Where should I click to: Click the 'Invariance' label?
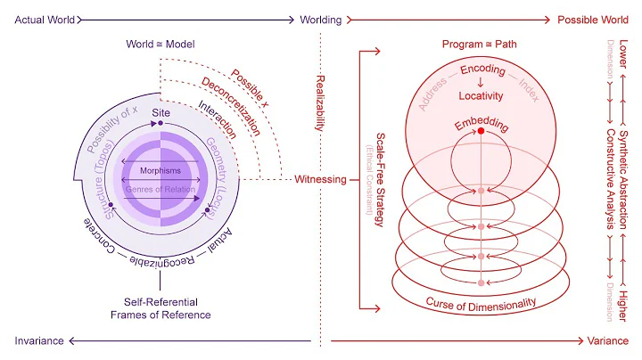click(38, 340)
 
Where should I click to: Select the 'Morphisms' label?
click(160, 169)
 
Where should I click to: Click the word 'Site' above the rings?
click(160, 114)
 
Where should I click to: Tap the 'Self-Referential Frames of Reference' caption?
click(160, 308)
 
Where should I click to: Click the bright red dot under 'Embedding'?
click(481, 132)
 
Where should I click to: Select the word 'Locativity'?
click(481, 95)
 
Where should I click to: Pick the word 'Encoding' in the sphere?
click(481, 70)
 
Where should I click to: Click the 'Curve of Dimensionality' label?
click(481, 303)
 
